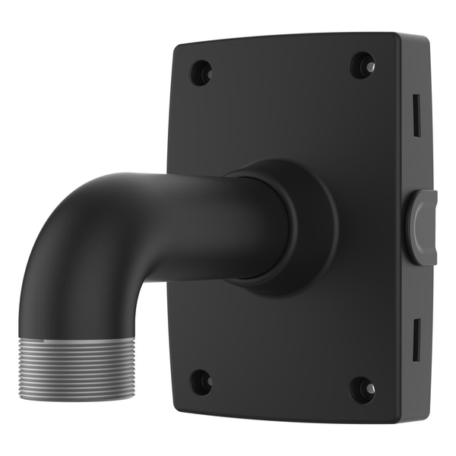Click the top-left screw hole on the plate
coord(201,72)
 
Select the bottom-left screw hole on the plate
coord(201,382)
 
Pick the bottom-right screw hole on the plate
coord(363,390)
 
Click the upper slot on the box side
coord(416,116)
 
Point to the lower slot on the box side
coord(416,340)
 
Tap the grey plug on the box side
coord(423,227)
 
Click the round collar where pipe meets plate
coord(304,228)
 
